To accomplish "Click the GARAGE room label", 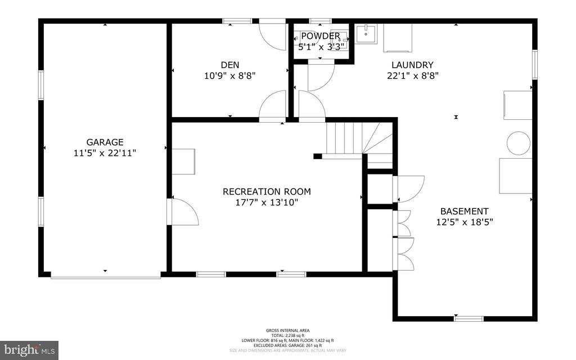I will (105, 142).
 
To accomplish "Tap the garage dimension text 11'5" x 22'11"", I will (105, 152).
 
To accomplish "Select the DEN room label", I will (231, 65).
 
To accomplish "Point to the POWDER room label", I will (320, 36).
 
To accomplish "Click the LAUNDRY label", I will (413, 65).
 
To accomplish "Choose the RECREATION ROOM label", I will (267, 191).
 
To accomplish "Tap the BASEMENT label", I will (464, 211).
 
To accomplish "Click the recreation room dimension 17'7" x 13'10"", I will (267, 202).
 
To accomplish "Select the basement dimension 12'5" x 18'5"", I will (464, 222).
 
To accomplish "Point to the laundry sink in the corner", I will (366, 34).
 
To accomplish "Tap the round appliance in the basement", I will (518, 143).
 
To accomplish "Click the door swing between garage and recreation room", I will (183, 212).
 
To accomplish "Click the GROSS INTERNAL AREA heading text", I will (287, 330).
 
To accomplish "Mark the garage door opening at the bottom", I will (105, 276).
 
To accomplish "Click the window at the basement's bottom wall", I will (469, 319).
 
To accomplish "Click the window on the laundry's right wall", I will (534, 65).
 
